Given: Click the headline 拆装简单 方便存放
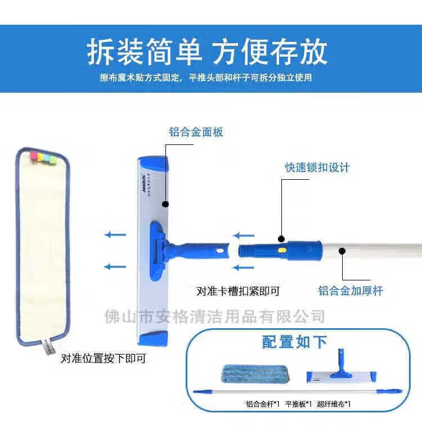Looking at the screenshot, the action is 207,52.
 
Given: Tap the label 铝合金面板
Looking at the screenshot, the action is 196,132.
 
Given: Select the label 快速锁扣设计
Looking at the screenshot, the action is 317,167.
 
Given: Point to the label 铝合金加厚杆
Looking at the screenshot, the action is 350,291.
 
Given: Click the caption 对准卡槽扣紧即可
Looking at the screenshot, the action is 238,291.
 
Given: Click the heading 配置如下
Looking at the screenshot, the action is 294,342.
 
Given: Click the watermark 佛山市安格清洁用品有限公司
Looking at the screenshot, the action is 215,316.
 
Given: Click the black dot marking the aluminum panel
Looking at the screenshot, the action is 166,204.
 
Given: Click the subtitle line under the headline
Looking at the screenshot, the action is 206,78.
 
